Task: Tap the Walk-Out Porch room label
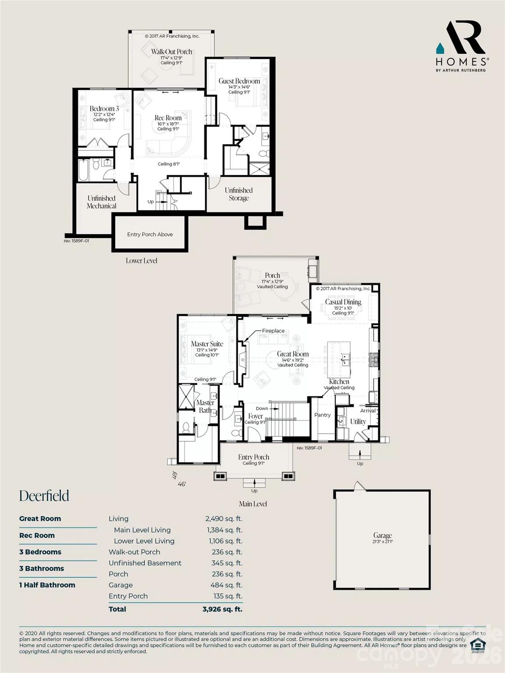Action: tap(171, 52)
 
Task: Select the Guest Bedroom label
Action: tap(239, 81)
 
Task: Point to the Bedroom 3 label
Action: tap(104, 109)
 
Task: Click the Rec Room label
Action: tap(168, 118)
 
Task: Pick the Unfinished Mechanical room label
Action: tap(101, 202)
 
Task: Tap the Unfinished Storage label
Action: tap(238, 194)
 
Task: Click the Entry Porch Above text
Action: tap(150, 234)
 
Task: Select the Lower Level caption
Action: tap(141, 261)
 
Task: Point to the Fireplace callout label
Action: tap(273, 331)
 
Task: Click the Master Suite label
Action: tap(207, 344)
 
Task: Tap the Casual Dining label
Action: tap(343, 302)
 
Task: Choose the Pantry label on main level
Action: tap(322, 415)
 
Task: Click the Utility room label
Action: tap(358, 422)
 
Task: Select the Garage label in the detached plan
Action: tap(382, 535)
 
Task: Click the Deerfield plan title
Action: tap(44, 496)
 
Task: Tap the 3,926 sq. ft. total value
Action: tap(222, 609)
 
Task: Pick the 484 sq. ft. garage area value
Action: tap(226, 585)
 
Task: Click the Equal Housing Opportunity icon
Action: tap(477, 645)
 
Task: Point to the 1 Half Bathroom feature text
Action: tap(47, 585)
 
